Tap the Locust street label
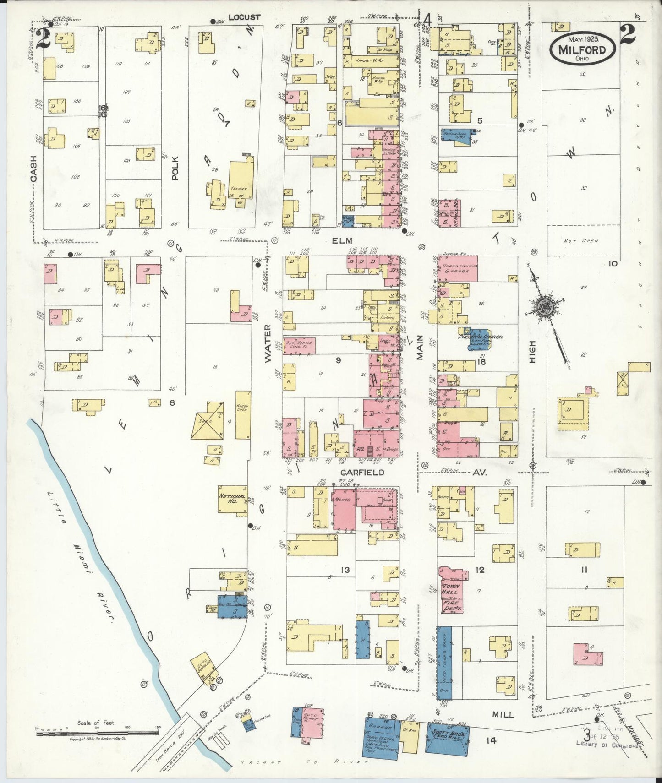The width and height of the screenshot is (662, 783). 245,17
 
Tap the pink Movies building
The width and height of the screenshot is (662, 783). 344,508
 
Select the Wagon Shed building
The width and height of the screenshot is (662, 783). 243,414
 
